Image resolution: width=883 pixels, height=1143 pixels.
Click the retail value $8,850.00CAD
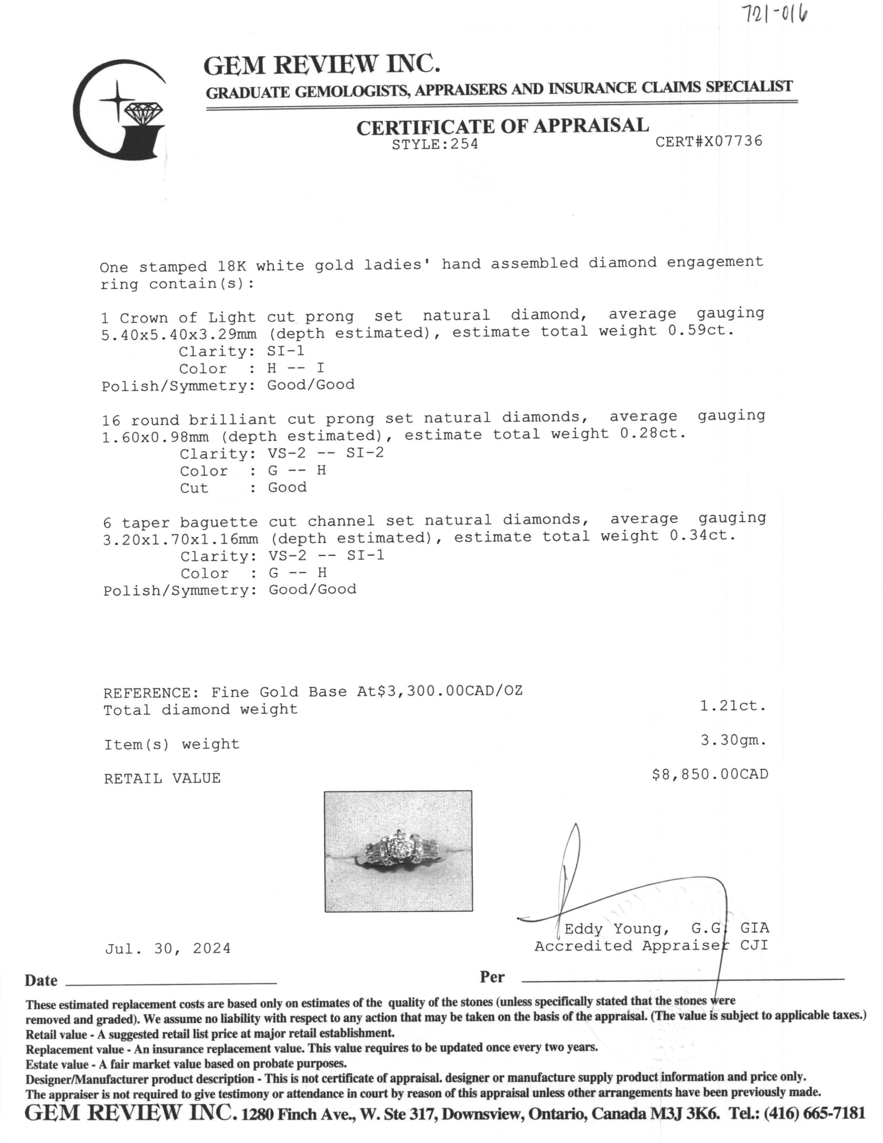point(709,774)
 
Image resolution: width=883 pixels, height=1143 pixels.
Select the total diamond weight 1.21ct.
point(733,706)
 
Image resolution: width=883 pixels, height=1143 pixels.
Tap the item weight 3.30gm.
point(733,740)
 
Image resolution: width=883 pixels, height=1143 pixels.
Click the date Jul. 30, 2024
point(168,948)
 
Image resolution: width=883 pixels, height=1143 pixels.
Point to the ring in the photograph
point(398,851)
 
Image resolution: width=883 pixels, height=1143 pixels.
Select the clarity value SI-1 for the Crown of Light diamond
point(286,351)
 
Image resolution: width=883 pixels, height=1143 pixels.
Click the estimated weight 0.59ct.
point(700,331)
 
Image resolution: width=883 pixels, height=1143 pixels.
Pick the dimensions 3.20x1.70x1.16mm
point(180,539)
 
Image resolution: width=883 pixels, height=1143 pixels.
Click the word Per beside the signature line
point(492,977)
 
